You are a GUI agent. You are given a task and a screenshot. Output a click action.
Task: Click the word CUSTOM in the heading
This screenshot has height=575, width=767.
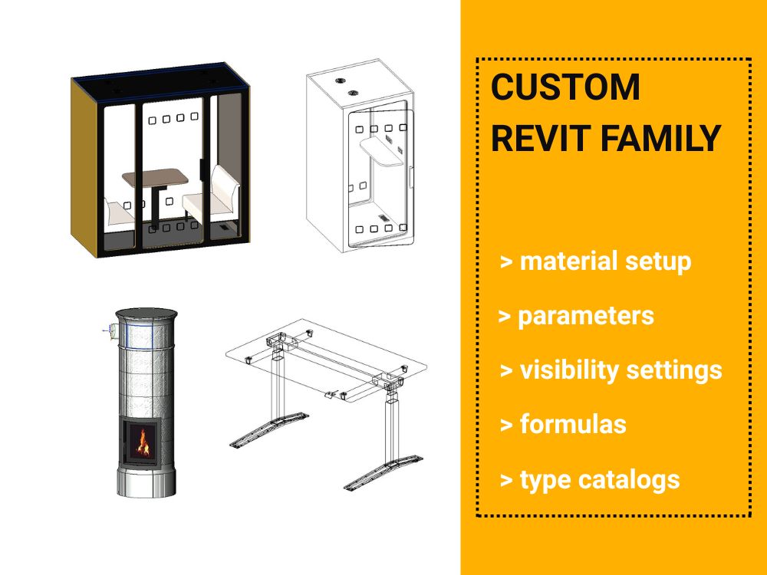(565, 87)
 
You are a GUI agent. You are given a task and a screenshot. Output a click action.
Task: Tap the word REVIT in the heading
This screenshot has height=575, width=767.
(541, 138)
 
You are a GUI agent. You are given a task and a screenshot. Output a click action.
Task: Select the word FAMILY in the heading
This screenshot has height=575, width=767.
(660, 138)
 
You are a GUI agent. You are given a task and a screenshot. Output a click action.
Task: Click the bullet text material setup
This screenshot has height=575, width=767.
(606, 261)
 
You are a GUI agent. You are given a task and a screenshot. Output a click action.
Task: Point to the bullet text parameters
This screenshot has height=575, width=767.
(586, 316)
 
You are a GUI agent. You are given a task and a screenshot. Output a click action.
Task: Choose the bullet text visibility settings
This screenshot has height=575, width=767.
(621, 370)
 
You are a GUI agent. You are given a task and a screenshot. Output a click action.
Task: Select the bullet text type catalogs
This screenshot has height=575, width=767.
(600, 479)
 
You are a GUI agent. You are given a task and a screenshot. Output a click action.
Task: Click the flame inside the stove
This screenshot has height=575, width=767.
(143, 442)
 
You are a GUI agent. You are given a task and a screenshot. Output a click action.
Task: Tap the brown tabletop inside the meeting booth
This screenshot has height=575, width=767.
(155, 178)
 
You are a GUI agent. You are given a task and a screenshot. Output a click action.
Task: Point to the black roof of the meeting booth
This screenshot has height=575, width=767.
(160, 82)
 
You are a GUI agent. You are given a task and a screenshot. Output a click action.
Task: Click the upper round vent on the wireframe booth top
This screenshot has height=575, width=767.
(341, 80)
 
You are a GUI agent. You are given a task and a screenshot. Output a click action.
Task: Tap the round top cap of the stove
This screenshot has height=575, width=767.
(146, 314)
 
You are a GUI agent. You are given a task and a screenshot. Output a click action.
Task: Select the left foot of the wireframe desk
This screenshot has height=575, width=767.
(269, 429)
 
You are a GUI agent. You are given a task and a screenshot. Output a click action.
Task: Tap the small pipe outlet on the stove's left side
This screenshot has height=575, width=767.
(110, 331)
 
